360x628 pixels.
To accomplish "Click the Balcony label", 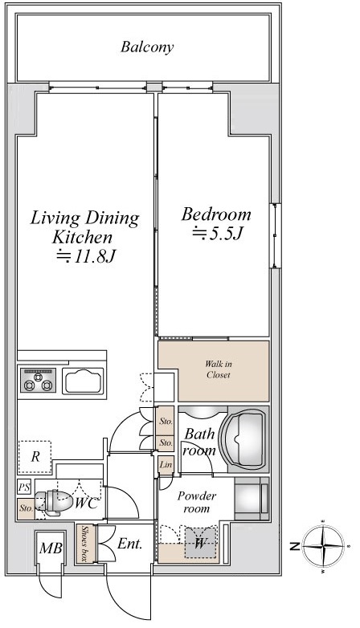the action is click(x=147, y=47).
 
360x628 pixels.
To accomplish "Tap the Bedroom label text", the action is click(x=216, y=214).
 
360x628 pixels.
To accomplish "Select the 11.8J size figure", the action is click(x=86, y=256).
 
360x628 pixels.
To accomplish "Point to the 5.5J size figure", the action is click(x=218, y=234).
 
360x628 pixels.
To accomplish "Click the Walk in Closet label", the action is click(x=219, y=369).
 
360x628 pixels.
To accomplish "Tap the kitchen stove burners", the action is click(x=38, y=380).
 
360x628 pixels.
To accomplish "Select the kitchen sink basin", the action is click(x=83, y=381).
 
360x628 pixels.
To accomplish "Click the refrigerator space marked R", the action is click(x=35, y=457).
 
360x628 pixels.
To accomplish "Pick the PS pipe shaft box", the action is click(x=23, y=487).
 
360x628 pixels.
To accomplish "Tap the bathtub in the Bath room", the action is click(x=245, y=439).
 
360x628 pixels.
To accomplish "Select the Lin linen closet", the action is click(x=166, y=465).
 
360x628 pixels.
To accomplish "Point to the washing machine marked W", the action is click(x=199, y=543).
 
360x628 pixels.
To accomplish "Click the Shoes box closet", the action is click(x=85, y=543).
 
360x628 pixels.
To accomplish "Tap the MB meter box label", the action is click(x=51, y=548).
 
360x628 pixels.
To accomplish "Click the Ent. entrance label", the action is click(x=129, y=544).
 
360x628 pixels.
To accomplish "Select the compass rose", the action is click(x=323, y=546).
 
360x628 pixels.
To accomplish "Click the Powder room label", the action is click(x=196, y=502).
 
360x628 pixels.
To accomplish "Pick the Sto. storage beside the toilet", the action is click(x=26, y=508).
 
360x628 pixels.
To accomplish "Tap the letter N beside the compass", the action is click(x=295, y=546).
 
